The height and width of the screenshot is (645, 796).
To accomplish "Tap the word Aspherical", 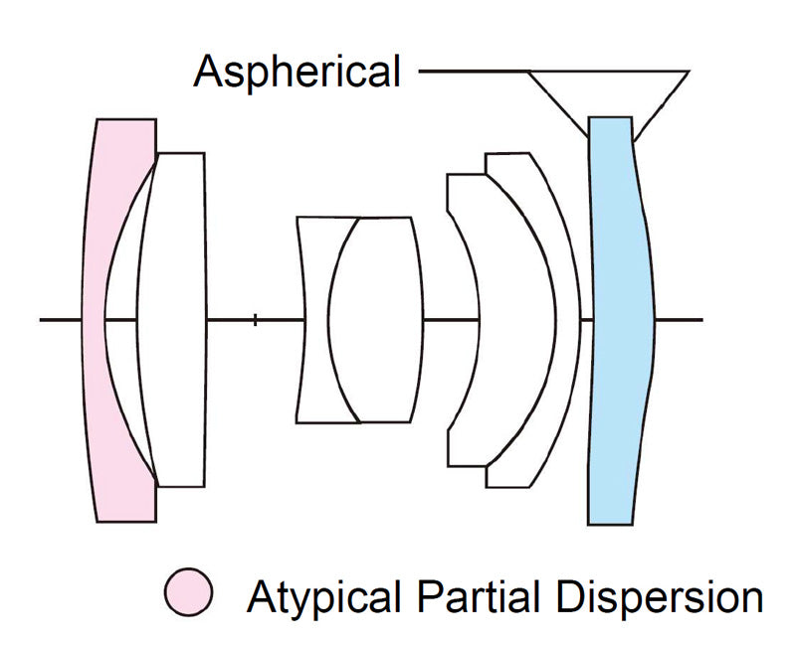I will click(x=298, y=73).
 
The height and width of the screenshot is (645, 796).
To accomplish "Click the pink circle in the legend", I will click(x=189, y=593).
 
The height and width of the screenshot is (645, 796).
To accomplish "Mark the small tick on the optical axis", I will click(x=256, y=320).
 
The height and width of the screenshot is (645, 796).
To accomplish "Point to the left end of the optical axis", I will click(x=43, y=320).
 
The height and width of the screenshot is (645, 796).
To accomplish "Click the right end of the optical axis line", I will click(x=700, y=320).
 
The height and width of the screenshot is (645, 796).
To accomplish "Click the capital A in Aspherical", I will click(x=209, y=73).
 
